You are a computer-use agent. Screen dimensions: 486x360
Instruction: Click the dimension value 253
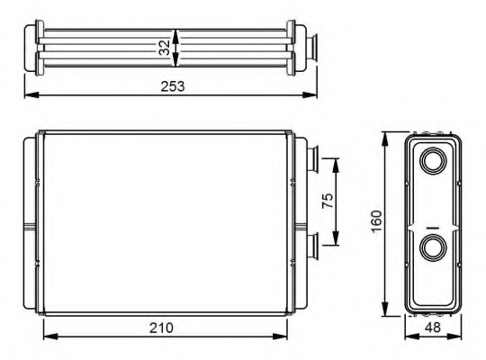pos(173,86)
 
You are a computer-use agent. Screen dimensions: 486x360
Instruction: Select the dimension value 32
pos(165,48)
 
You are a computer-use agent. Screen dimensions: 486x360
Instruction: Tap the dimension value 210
pos(161,328)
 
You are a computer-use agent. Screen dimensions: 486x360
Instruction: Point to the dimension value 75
pos(328,201)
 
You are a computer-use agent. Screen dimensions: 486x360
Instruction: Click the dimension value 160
pos(376,221)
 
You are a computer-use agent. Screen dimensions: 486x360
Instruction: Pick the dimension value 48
pos(432,327)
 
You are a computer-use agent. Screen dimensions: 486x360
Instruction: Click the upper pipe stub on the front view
pos(312,159)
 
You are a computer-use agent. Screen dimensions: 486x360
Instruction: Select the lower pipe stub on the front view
pos(312,247)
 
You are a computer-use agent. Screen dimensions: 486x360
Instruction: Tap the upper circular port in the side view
pos(433,161)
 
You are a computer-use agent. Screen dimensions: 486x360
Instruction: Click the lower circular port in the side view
pos(433,247)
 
